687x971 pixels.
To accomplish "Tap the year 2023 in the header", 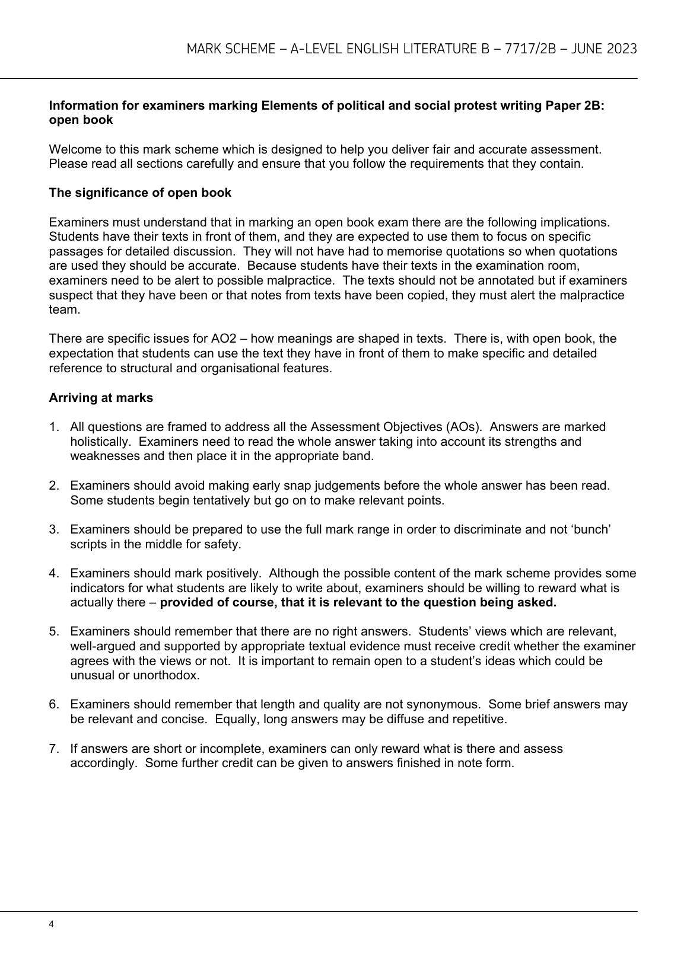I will (x=621, y=49).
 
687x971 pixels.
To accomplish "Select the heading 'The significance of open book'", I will (x=140, y=193).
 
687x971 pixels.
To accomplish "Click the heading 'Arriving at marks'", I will (x=101, y=398).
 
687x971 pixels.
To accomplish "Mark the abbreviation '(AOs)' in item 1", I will (x=465, y=427).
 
